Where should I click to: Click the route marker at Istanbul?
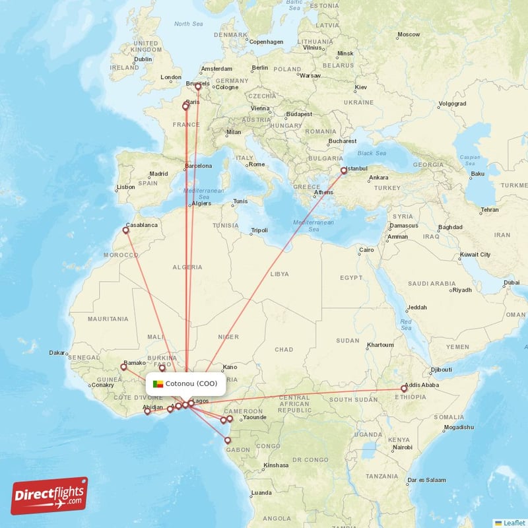coord(343,170)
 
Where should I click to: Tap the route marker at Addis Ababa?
coord(404,389)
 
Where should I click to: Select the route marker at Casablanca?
coord(125,230)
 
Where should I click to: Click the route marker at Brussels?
coord(197,86)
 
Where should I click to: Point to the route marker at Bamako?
coord(123,367)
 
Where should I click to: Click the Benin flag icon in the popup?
coord(158,383)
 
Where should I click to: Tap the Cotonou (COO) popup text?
coord(191,383)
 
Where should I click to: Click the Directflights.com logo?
coord(49,496)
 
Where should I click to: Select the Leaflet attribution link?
coord(511,522)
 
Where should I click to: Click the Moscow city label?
coord(409,34)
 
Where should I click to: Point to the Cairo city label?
coord(366,250)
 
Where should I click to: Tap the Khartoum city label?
coord(380,345)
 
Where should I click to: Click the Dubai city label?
coord(511,282)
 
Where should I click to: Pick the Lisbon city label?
coord(125,187)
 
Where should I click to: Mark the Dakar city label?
coord(57,353)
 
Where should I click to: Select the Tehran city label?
coord(490,210)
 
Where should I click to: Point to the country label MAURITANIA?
coord(108,319)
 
